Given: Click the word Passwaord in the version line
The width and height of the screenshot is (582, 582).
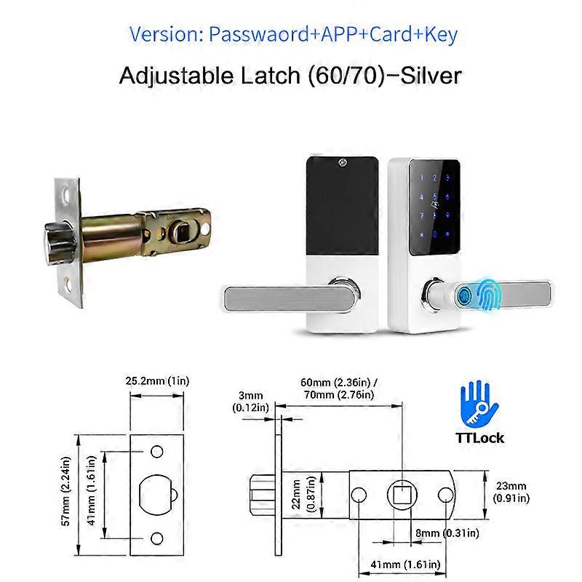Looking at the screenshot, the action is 259,34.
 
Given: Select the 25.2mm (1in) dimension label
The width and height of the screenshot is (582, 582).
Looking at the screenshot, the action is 157,381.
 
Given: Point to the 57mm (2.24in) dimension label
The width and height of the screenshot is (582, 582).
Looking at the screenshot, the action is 65,491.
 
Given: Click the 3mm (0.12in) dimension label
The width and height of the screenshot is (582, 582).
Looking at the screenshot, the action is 250,402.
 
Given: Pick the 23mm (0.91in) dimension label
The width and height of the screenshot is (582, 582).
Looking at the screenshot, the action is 511,492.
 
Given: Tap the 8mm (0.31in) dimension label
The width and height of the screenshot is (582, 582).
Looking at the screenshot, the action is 447,533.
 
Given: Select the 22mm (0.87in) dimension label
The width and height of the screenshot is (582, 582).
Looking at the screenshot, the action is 303,494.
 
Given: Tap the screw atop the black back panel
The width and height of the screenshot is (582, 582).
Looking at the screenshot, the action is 343,162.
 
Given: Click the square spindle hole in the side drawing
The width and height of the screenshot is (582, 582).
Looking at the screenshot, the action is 402,495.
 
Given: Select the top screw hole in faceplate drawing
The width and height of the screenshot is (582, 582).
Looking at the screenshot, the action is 156,451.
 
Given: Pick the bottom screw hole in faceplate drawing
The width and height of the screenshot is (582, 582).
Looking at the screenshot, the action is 156,538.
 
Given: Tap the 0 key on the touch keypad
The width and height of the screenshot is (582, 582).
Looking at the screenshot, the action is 434,234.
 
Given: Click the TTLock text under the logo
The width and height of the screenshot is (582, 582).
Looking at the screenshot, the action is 479,438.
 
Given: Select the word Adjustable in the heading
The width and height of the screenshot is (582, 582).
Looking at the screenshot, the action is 176,76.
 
